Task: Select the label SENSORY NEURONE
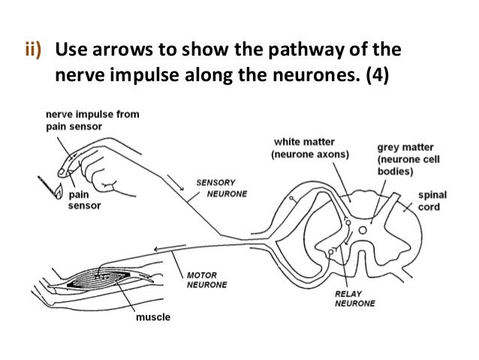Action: (218, 187)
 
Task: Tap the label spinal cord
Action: (431, 201)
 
